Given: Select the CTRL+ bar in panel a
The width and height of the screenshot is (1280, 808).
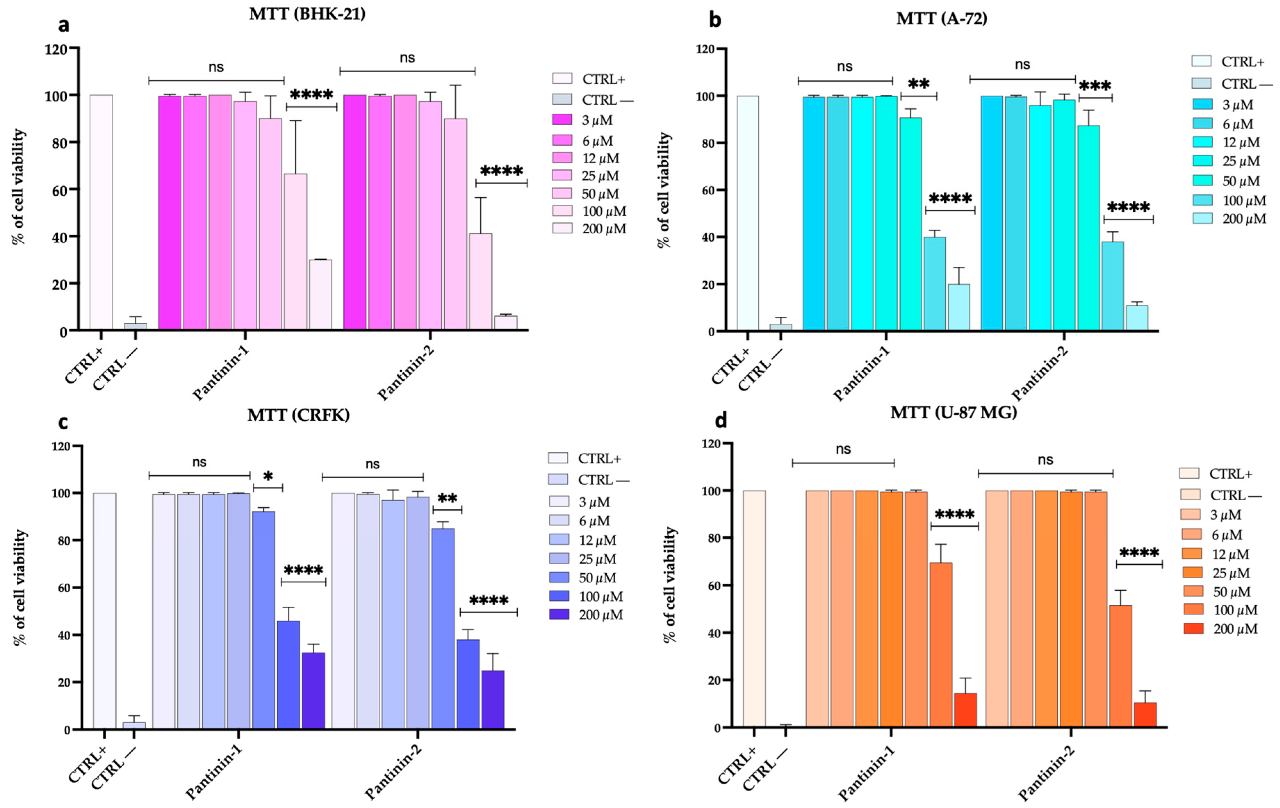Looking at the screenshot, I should click(x=101, y=213).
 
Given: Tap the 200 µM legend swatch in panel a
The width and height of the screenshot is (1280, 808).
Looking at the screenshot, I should click(x=563, y=229).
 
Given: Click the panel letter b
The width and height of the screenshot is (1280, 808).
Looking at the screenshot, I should click(x=715, y=20).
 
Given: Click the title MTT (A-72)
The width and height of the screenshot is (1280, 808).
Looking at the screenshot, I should click(x=941, y=19).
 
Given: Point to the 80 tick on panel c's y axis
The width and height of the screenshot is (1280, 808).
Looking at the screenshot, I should click(x=63, y=540).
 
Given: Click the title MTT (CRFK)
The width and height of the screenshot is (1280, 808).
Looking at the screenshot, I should click(x=298, y=415).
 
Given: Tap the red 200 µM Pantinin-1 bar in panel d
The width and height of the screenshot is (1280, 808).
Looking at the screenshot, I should click(x=965, y=710).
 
